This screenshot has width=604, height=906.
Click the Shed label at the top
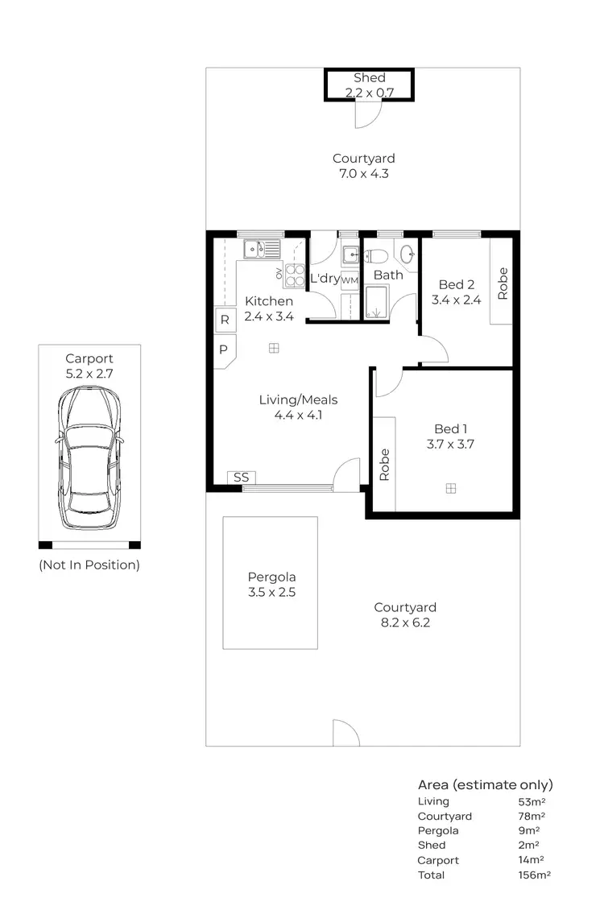coord(369,78)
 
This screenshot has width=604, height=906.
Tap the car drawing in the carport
coord(89,457)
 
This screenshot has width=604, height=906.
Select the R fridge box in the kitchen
coord(225,320)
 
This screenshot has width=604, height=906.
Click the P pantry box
coord(224,350)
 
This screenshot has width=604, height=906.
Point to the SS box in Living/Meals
coord(240,478)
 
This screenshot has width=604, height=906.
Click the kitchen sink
coord(263,249)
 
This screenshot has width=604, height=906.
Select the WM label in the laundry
coord(350,280)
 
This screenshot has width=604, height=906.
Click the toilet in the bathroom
coord(376,257)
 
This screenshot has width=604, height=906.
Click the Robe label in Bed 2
coord(503,283)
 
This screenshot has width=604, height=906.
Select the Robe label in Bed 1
coord(384,465)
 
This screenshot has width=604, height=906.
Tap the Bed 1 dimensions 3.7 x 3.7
coord(449,444)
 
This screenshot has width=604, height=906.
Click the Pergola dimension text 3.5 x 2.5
coord(271,591)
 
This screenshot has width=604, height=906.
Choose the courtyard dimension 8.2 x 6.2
coord(405,622)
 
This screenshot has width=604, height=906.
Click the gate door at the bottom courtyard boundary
coord(346,733)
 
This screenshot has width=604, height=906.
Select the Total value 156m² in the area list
coord(535,875)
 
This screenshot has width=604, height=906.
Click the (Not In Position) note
coord(89,565)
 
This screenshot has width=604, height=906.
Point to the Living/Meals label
coord(298,399)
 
